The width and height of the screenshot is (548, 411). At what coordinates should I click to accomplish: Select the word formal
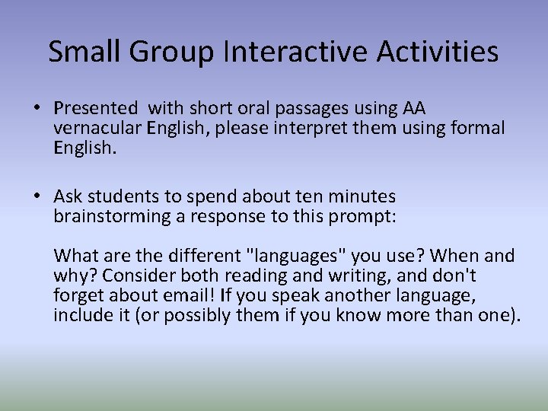[476, 128]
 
